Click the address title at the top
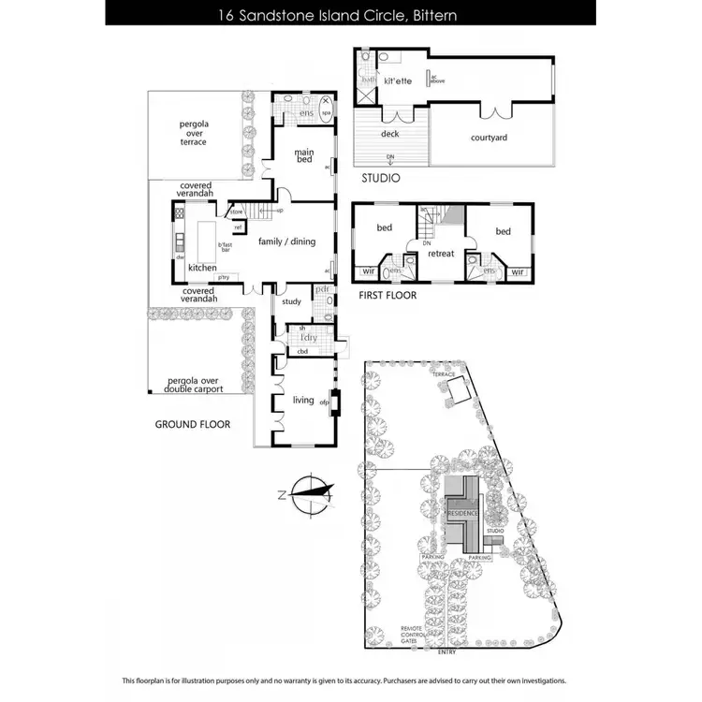pyautogui.click(x=351, y=16)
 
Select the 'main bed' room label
pyautogui.click(x=304, y=155)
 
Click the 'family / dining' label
pyautogui.click(x=286, y=241)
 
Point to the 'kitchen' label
pyautogui.click(x=202, y=268)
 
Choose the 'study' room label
pyautogui.click(x=291, y=301)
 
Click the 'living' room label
pyautogui.click(x=303, y=400)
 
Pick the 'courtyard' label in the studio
pyautogui.click(x=489, y=138)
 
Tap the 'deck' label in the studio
pyautogui.click(x=389, y=134)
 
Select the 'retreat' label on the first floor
pyautogui.click(x=440, y=253)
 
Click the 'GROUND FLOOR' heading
pyautogui.click(x=193, y=425)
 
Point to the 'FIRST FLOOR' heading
pyautogui.click(x=388, y=295)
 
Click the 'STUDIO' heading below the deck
pyautogui.click(x=381, y=178)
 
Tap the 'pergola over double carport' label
pyautogui.click(x=193, y=385)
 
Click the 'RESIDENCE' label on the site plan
pyautogui.click(x=462, y=514)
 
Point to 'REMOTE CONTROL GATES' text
pyautogui.click(x=416, y=636)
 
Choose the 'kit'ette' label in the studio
pyautogui.click(x=399, y=81)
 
